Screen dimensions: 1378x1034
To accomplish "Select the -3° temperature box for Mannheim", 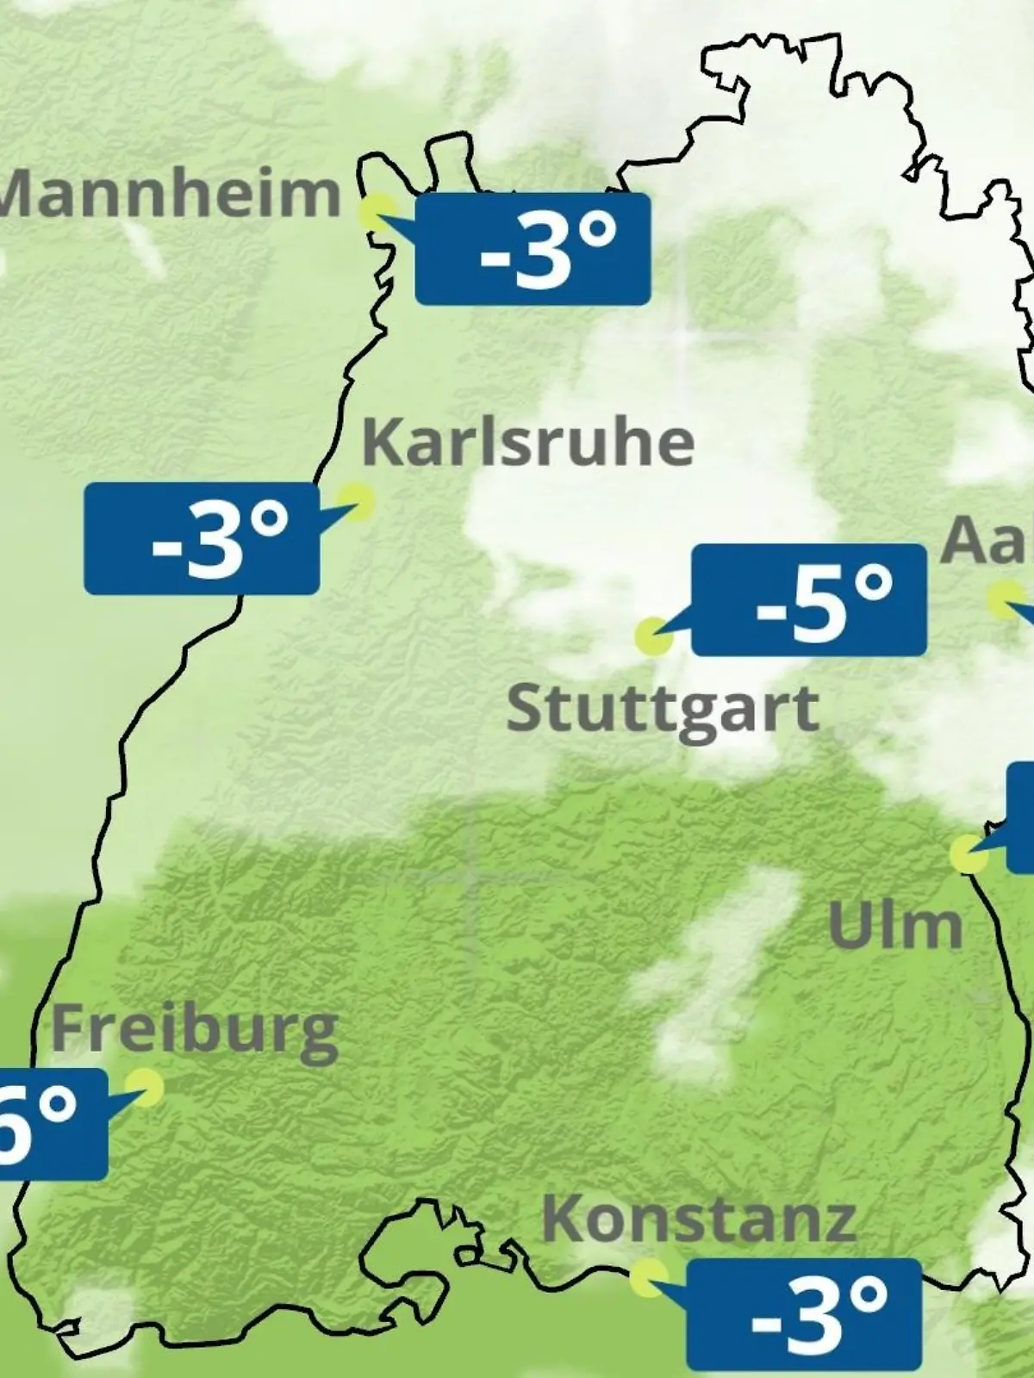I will tap(533, 249).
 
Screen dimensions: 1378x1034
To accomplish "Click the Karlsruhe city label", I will tap(528, 443).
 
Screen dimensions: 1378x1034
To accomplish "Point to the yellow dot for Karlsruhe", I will tap(356, 500).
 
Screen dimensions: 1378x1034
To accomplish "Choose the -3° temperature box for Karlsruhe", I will tap(202, 539).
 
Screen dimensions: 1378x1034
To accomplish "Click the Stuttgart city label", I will tap(663, 710).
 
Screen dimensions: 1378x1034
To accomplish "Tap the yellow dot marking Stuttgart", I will tap(653, 637).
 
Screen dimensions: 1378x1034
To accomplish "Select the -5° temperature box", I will tap(809, 599).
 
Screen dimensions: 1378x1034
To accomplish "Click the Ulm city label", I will tap(895, 926).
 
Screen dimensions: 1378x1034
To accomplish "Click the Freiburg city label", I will tap(195, 1030).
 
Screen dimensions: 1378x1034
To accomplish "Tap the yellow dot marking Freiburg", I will tap(143, 1088).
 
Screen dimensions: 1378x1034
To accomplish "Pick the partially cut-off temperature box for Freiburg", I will tap(52, 1125).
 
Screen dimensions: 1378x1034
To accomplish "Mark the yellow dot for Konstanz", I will tap(648, 1279).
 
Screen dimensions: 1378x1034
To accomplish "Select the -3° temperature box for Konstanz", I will tap(804, 1313).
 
